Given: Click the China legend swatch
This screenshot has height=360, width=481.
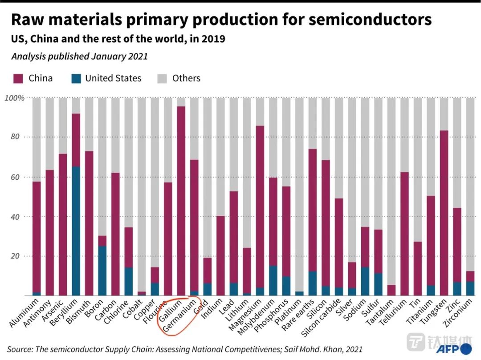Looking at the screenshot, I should click(17, 79).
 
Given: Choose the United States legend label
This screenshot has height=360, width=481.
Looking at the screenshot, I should click(113, 78).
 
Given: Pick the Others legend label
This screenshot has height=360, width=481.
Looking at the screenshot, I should click(186, 78).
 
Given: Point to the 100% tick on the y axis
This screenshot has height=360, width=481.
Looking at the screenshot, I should click(14, 97).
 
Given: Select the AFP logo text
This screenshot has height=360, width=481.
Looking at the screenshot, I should click(447, 348).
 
